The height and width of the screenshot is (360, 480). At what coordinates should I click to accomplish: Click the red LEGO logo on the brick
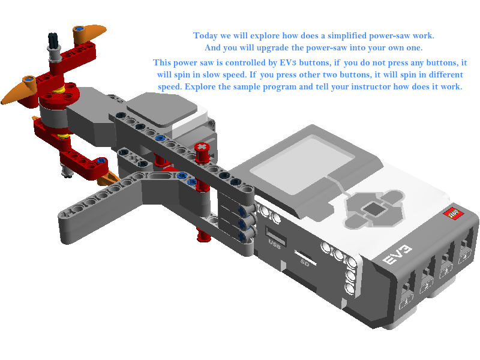point(453,214)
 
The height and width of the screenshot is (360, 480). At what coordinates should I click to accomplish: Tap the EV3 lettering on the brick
point(398,254)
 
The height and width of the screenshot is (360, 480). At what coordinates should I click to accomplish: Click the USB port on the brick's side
point(275,236)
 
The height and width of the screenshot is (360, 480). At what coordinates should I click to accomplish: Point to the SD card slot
point(305,257)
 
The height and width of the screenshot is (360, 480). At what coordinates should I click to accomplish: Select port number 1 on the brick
point(407,302)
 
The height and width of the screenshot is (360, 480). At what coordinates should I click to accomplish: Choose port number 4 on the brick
point(465,256)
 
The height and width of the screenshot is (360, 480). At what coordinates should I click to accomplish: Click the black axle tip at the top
point(53,40)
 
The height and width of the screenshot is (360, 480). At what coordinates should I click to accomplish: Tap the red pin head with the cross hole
point(202,148)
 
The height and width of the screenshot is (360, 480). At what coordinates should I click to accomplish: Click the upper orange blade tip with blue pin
point(89,33)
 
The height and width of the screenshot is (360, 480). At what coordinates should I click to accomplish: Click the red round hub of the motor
point(59,95)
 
